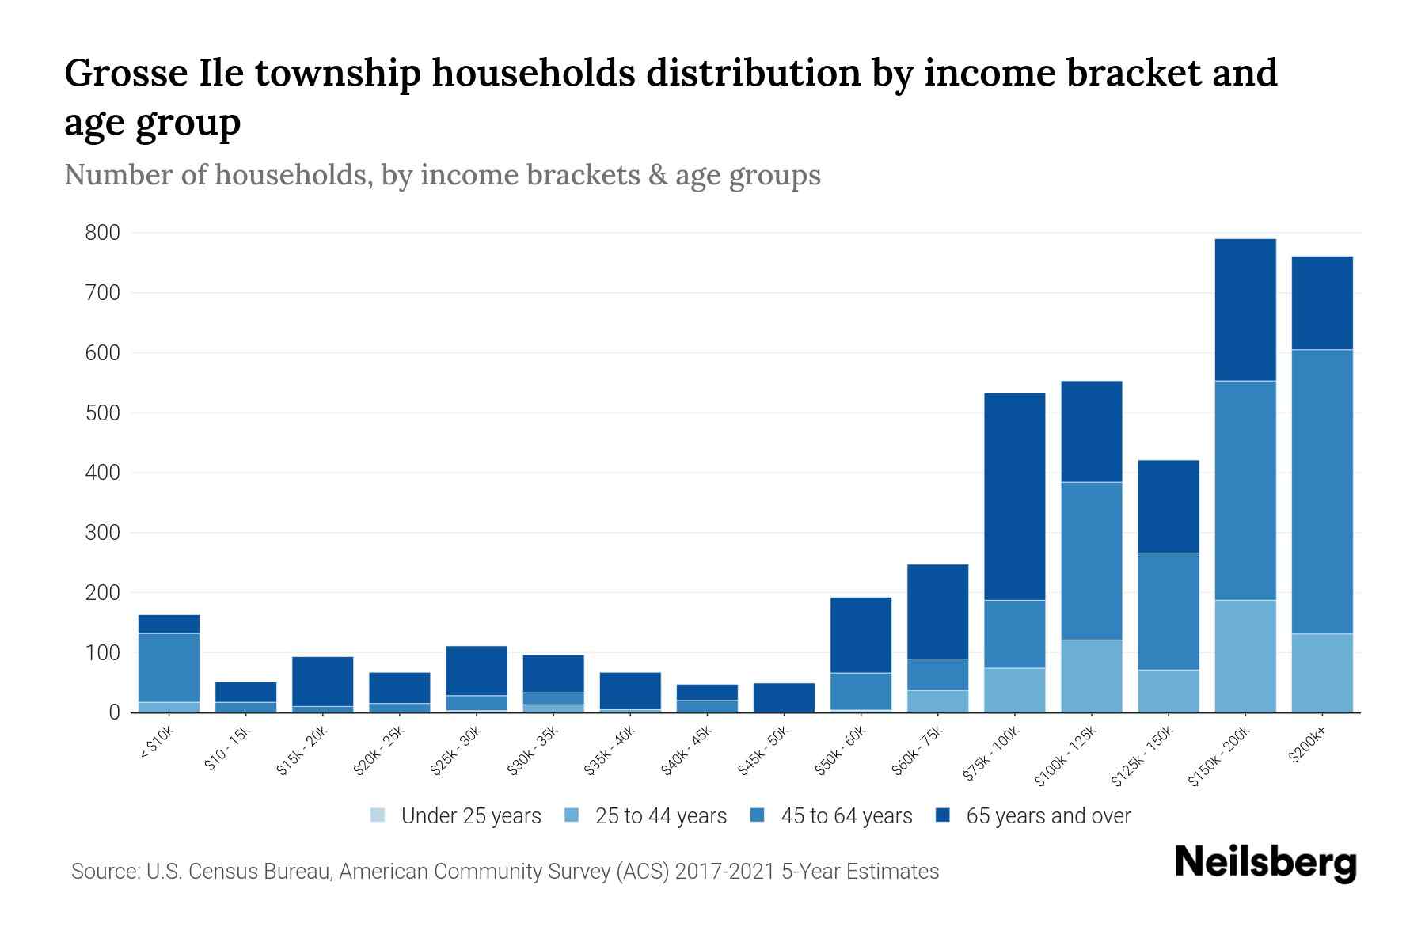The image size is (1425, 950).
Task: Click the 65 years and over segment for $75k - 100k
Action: (x=1014, y=496)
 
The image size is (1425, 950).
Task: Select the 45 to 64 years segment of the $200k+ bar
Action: (x=1321, y=491)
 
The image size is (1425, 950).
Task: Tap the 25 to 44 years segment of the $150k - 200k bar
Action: (x=1244, y=656)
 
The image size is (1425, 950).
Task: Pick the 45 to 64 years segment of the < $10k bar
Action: (x=169, y=667)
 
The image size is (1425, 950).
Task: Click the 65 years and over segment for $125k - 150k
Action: (x=1168, y=506)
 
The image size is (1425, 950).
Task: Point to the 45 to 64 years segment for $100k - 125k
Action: (x=1091, y=560)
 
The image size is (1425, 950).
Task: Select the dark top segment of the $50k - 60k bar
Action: (x=861, y=635)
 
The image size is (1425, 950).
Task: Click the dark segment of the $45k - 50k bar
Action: (x=784, y=697)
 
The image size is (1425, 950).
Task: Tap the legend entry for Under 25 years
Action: (x=456, y=815)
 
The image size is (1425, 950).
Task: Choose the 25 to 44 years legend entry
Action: (x=646, y=815)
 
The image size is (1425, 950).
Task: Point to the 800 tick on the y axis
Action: (x=103, y=233)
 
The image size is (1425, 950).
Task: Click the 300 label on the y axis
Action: (x=103, y=533)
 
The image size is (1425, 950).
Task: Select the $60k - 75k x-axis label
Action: (x=918, y=750)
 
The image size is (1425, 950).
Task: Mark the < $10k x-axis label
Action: (x=157, y=743)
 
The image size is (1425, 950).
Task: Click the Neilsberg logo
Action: (x=1265, y=863)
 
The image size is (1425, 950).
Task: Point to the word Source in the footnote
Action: (x=104, y=872)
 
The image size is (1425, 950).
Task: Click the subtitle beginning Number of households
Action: (x=442, y=175)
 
